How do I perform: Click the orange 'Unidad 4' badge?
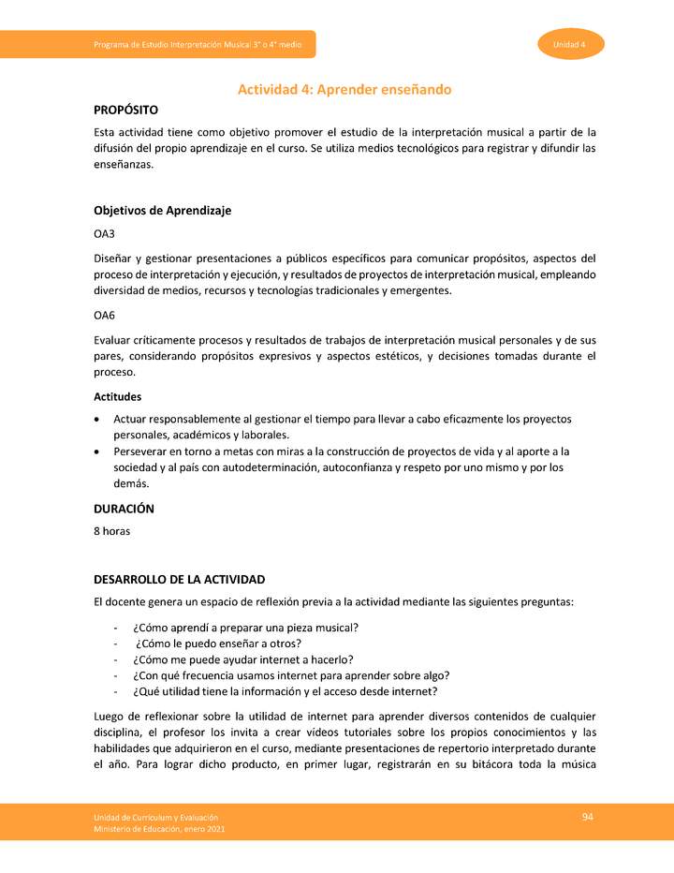(570, 44)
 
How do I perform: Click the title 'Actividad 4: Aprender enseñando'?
(344, 90)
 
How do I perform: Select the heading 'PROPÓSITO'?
(132, 111)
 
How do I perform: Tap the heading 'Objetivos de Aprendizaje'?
(162, 211)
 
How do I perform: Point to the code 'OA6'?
(104, 317)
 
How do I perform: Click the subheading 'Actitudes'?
(117, 397)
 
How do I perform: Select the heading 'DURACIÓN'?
(124, 510)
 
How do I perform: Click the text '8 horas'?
(111, 531)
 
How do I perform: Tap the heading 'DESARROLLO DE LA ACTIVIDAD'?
(179, 580)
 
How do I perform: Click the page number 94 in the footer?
(588, 817)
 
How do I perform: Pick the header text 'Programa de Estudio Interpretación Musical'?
(195, 45)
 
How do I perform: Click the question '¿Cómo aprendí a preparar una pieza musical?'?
(246, 627)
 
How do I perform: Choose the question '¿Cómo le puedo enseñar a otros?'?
(218, 644)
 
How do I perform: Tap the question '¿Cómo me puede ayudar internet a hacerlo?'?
(242, 659)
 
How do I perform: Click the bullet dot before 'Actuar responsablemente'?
(98, 419)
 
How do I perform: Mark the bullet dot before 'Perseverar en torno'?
(98, 451)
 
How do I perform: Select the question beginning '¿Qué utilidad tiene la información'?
(286, 692)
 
